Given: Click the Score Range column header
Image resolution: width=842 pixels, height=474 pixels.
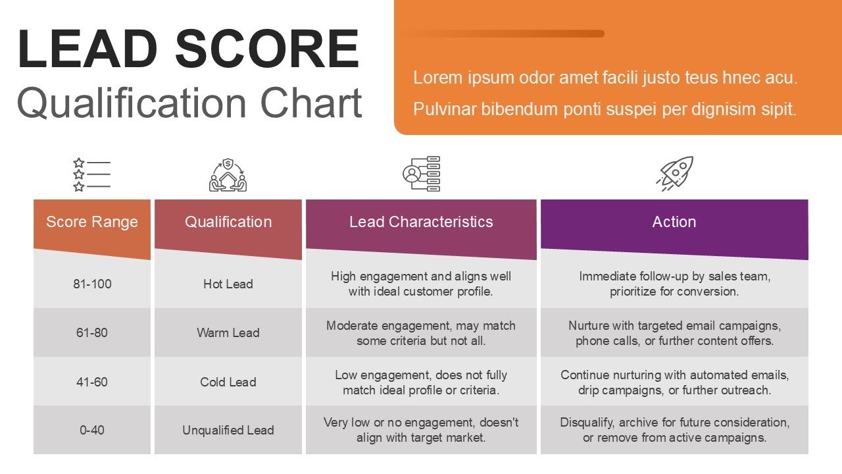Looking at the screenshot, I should click(x=92, y=223).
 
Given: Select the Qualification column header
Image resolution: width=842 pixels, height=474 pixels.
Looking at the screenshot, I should click(x=228, y=223).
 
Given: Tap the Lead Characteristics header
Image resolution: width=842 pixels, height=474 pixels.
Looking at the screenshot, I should click(x=421, y=223).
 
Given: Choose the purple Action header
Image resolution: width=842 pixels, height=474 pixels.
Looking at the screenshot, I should click(x=674, y=223).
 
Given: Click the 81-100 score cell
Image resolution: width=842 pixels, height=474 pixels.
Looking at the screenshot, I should click(x=92, y=284).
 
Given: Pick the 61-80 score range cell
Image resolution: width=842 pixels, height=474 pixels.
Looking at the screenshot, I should click(x=92, y=332).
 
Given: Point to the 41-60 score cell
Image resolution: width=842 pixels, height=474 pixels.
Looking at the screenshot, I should click(x=92, y=382).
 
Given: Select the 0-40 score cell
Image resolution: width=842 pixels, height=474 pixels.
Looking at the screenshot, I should click(x=92, y=431).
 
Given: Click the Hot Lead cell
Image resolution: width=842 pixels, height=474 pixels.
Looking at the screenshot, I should click(x=228, y=284).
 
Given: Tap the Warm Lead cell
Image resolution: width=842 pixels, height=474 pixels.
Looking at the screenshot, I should click(x=228, y=332).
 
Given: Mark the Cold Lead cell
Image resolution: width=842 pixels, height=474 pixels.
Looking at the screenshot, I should click(x=228, y=382).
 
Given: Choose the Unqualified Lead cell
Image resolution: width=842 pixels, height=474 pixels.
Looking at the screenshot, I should click(x=228, y=431).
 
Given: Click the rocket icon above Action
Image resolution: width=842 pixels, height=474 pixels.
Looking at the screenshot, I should click(x=675, y=174).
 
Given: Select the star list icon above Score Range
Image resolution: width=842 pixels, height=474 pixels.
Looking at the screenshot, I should click(x=91, y=174).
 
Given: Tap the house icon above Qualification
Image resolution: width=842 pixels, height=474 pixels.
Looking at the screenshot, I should click(x=228, y=175).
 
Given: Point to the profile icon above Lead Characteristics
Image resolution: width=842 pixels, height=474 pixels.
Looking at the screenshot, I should click(x=421, y=174).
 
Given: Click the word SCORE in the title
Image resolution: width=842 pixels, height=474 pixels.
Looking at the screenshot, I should click(x=268, y=49).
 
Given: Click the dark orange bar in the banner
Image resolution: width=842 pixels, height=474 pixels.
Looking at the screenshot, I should click(x=507, y=34).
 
